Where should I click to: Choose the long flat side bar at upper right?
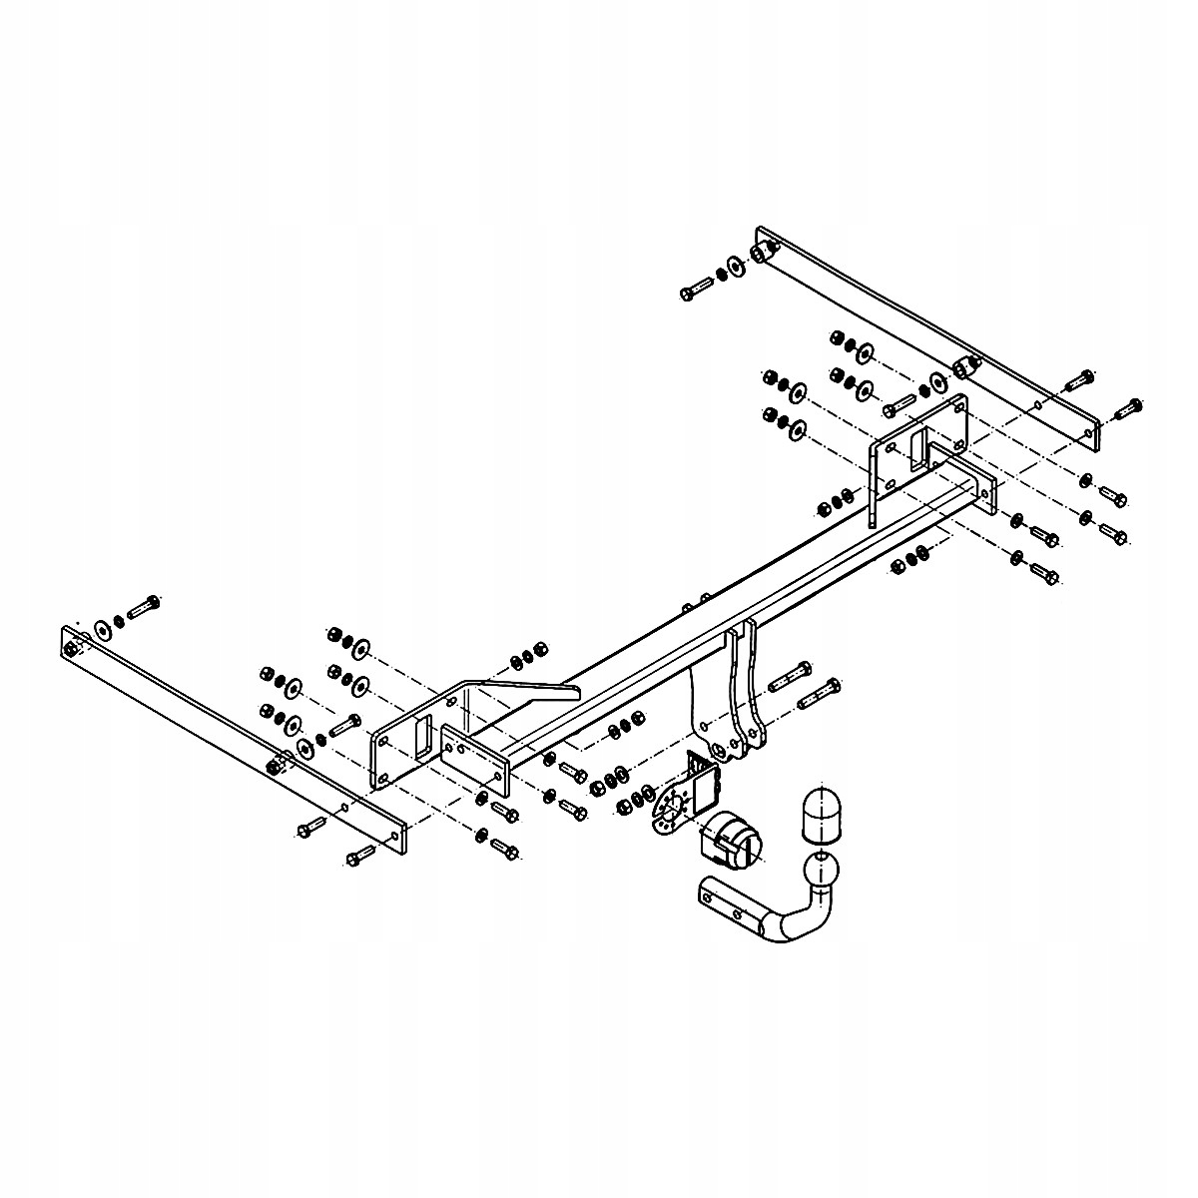tap(928, 329)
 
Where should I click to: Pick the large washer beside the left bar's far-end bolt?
tap(103, 629)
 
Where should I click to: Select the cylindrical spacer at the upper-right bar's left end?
tap(765, 251)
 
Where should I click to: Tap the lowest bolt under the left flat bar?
tap(359, 855)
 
